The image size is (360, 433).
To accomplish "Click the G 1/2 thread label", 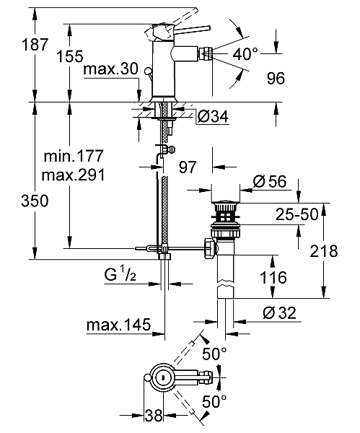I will tap(137, 275).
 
